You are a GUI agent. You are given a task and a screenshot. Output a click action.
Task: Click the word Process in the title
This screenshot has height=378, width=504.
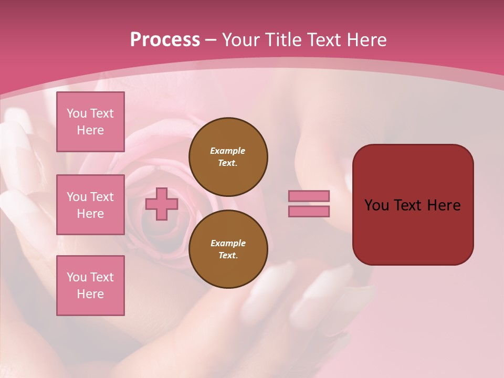tap(165, 40)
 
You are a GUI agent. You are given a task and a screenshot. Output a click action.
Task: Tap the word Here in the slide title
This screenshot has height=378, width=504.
tap(366, 40)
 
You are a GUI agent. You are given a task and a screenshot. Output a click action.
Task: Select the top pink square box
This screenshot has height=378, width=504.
tap(90, 122)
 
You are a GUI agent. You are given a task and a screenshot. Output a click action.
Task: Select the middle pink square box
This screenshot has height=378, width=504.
tap(90, 205)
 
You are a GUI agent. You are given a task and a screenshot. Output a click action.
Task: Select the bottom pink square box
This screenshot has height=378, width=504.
tap(90, 286)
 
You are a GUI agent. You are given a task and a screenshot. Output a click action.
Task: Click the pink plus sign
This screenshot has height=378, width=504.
tap(162, 204)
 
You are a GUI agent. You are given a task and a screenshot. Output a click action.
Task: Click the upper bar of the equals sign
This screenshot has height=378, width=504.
tap(309, 196)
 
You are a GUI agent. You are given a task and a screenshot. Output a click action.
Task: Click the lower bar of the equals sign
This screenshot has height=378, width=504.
tap(309, 212)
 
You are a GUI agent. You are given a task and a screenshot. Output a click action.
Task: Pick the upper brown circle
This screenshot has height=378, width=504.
tap(228, 157)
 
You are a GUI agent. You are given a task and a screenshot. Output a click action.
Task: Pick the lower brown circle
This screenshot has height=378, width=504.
tap(228, 249)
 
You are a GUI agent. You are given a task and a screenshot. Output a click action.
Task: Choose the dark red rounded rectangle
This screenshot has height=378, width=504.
tap(413, 205)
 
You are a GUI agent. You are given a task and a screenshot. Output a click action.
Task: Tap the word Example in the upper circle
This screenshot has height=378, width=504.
tap(228, 151)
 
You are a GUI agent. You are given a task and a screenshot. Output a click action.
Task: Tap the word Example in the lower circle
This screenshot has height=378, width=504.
tap(228, 243)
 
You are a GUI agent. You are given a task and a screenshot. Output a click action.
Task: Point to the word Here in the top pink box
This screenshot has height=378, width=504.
tap(90, 130)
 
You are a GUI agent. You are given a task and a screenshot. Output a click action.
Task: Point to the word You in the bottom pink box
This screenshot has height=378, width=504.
tap(77, 277)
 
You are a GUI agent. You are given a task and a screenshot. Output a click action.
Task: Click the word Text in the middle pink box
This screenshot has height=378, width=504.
tap(101, 197)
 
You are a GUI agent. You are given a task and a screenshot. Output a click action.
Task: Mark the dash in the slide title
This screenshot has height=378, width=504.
tap(211, 40)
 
